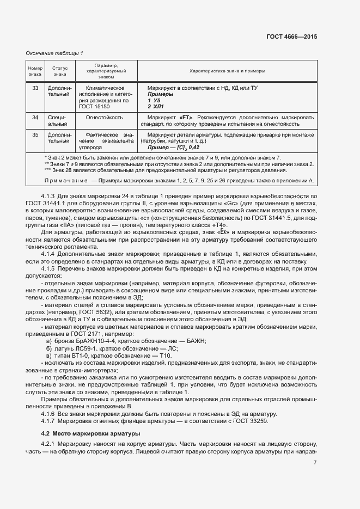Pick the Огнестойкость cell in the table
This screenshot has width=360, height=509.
tap(103, 117)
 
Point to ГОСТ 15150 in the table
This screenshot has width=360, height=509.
tap(103, 107)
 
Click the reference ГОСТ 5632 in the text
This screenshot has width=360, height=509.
tap(96, 313)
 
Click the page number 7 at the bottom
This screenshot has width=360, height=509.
tap(315, 463)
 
